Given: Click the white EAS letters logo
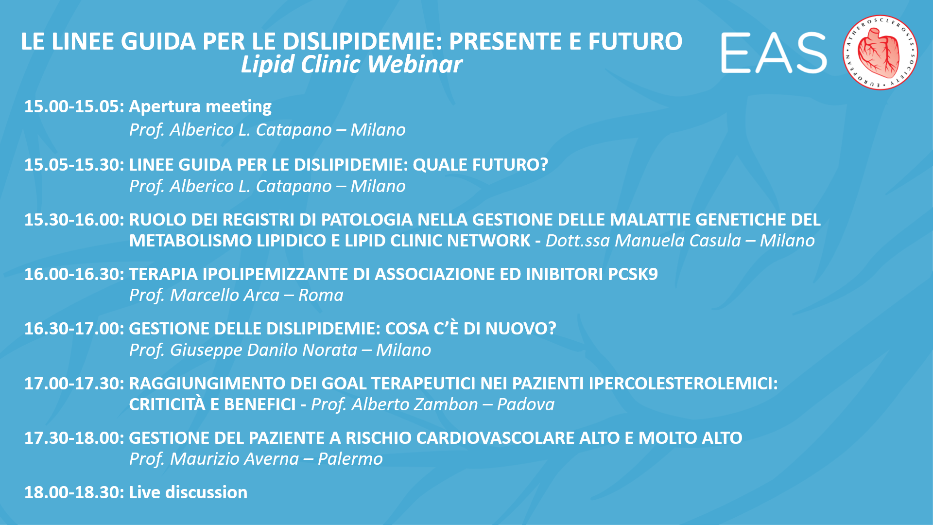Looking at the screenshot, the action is [x=774, y=53].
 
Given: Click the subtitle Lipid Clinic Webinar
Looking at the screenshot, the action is [x=351, y=65].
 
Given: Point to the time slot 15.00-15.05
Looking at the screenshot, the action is [x=75, y=106].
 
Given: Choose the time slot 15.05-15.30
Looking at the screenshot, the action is [x=75, y=165].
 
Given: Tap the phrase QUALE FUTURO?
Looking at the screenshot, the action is [x=480, y=165].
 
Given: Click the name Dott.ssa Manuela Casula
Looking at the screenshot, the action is [x=643, y=241].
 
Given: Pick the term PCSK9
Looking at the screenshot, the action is [x=633, y=274].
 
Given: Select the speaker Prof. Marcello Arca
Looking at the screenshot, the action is [x=204, y=296].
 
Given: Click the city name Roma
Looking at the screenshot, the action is [x=321, y=296].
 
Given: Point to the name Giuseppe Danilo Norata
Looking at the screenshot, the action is [x=263, y=350].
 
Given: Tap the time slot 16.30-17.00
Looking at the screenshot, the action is [x=75, y=329].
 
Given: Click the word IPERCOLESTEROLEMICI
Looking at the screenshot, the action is [x=683, y=384].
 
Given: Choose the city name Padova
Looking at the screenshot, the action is [x=526, y=405].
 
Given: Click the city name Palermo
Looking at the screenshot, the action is [x=350, y=459].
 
